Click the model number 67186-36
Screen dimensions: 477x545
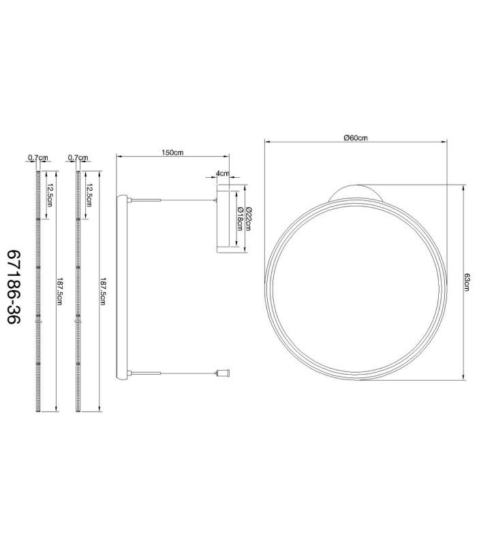(14, 287)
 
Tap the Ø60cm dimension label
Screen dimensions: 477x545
(355, 138)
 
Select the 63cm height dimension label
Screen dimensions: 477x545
(467, 282)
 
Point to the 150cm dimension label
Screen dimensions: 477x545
(172, 152)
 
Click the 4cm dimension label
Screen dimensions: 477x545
(223, 173)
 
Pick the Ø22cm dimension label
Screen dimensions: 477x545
(248, 219)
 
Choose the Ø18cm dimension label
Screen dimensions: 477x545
(240, 219)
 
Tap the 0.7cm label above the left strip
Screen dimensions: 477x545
(38, 157)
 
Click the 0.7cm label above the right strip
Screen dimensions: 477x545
(78, 157)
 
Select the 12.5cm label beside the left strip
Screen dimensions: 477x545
(49, 195)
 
